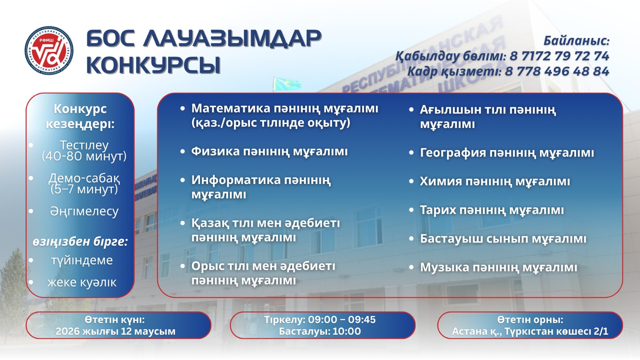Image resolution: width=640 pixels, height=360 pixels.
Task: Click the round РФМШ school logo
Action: click(49, 50)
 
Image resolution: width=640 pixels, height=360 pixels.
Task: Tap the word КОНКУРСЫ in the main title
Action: click(154, 65)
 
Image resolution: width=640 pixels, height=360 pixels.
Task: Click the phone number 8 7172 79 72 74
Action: click(559, 56)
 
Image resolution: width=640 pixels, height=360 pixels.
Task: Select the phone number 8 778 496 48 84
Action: click(557, 71)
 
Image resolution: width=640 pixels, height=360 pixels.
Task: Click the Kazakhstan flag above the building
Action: click(287, 84)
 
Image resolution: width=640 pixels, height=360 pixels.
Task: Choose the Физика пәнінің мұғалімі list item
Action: click(270, 152)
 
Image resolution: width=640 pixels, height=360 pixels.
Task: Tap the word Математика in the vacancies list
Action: click(230, 108)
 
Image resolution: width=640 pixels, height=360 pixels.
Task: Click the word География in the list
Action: click(453, 153)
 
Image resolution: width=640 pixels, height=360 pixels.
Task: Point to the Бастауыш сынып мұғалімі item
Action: click(503, 239)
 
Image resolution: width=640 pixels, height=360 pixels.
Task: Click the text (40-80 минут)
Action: click(84, 156)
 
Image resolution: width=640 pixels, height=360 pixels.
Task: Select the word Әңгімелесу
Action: click(84, 211)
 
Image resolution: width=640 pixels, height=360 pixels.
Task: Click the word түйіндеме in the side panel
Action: click(82, 260)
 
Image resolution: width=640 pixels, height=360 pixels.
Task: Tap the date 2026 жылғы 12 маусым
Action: click(116, 332)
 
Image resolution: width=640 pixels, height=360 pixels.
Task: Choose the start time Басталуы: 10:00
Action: click(320, 332)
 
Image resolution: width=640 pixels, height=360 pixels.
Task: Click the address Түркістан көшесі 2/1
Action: click(556, 332)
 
